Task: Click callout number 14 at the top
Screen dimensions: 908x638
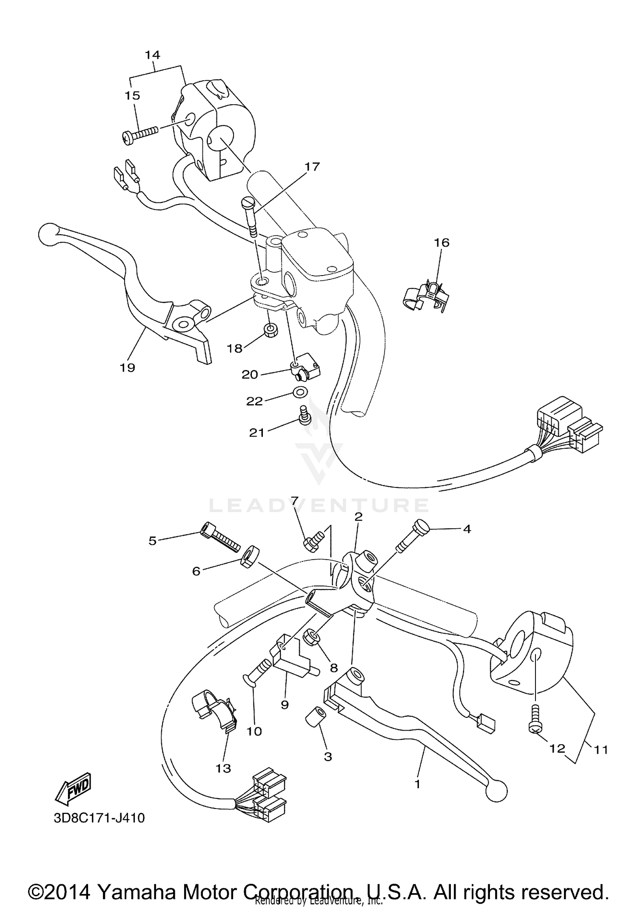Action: point(152,55)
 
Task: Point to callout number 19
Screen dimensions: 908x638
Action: point(127,367)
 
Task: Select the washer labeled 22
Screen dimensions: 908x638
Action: point(299,392)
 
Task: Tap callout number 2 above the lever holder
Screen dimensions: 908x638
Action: point(358,517)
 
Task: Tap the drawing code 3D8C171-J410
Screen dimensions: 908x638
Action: point(99,818)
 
